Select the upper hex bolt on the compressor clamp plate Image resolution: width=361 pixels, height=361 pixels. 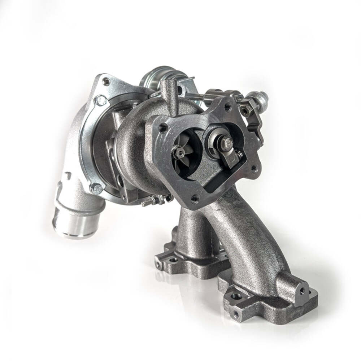[100, 100]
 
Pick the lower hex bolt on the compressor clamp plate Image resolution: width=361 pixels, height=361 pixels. [96, 188]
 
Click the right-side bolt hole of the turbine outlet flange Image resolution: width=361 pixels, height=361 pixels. [255, 168]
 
